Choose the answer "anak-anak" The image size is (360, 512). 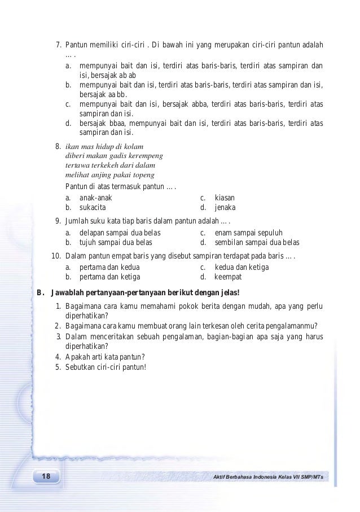pos(95,198)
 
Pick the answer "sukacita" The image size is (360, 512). pos(93,208)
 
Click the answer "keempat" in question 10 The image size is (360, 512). pos(228,277)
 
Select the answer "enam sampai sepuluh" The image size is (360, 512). pos(249,233)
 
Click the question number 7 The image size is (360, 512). pos(58,45)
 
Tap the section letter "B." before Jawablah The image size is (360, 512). pos(39,292)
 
